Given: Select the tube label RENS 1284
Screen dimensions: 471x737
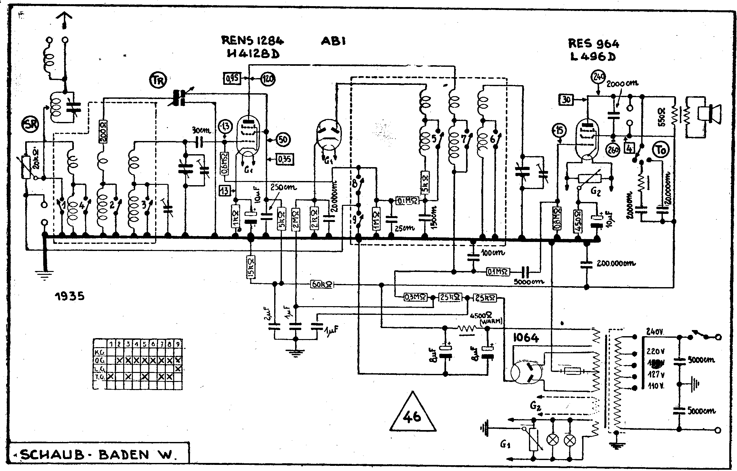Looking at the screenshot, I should (252, 40).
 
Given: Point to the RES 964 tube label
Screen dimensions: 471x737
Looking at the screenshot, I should (594, 44).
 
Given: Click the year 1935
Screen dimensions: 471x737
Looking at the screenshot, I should (69, 296).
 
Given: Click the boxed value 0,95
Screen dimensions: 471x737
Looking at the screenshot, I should (232, 78).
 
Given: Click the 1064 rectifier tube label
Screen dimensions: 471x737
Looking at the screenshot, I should (526, 338).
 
